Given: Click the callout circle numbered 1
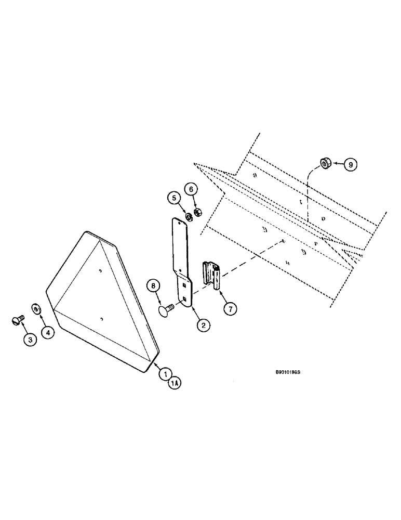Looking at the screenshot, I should [165, 372].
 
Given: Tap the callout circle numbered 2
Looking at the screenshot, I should [203, 326].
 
